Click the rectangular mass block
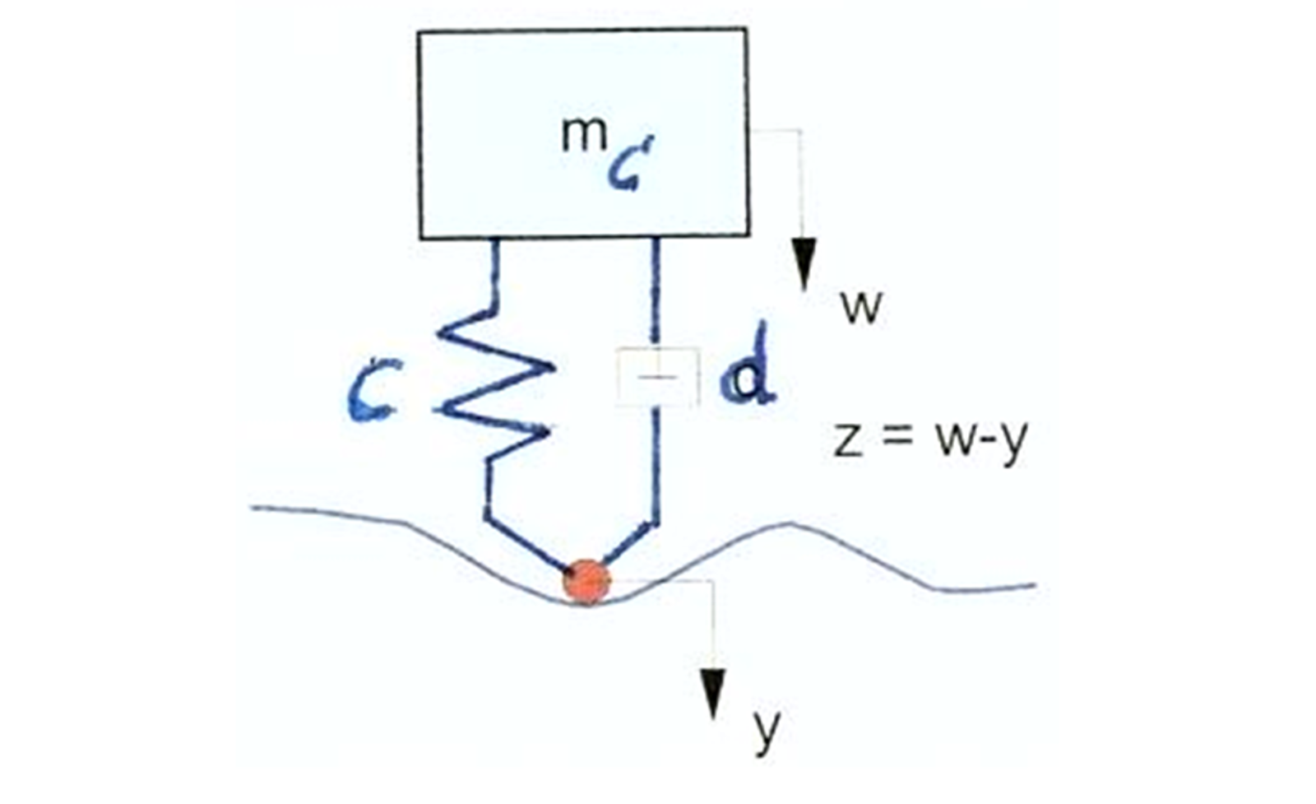pos(583,133)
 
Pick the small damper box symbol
pos(658,377)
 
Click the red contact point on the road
pos(586,581)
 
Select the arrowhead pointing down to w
pos(805,263)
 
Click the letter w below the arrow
pos(861,309)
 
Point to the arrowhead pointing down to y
pos(712,693)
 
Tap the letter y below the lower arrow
pos(766,731)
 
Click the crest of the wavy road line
pos(791,523)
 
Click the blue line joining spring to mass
pos(493,275)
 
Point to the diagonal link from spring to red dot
pos(527,544)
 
